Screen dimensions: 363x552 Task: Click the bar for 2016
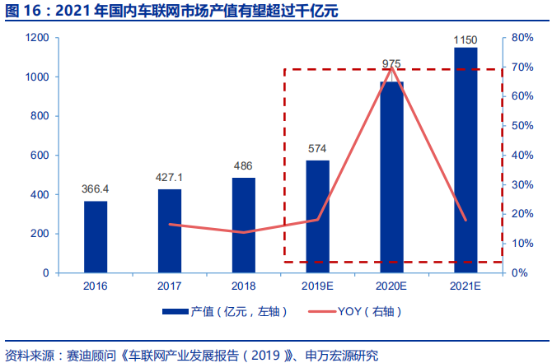pos(96,237)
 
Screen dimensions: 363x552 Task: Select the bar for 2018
pos(244,225)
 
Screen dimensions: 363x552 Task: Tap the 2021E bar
pos(465,161)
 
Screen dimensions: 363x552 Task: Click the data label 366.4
pos(96,189)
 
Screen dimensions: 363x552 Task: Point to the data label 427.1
pos(170,177)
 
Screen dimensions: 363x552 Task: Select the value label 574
pos(317,149)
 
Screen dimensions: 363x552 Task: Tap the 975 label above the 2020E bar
pos(391,63)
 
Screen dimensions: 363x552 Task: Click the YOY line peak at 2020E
pos(391,67)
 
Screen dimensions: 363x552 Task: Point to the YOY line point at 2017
pos(170,224)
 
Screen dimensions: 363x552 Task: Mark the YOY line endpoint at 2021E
pos(465,220)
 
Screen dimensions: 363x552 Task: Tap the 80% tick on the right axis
pos(522,38)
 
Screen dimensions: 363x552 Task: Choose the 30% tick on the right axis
pos(522,184)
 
